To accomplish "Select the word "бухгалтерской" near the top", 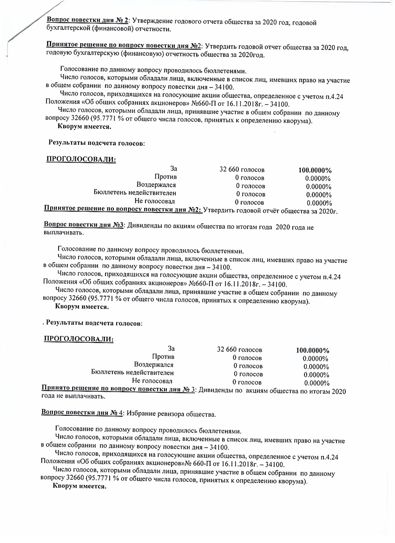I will pyautogui.click(x=69, y=30).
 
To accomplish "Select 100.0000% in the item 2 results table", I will pyautogui.click(x=315, y=170).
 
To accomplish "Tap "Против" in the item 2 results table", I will pyautogui.click(x=165, y=177).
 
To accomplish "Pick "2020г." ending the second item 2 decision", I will pyautogui.click(x=327, y=211).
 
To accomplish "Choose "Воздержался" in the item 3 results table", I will pyautogui.click(x=154, y=365).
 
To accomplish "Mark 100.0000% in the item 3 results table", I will pyautogui.click(x=313, y=350).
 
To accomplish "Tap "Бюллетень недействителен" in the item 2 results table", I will pyautogui.click(x=135, y=193).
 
